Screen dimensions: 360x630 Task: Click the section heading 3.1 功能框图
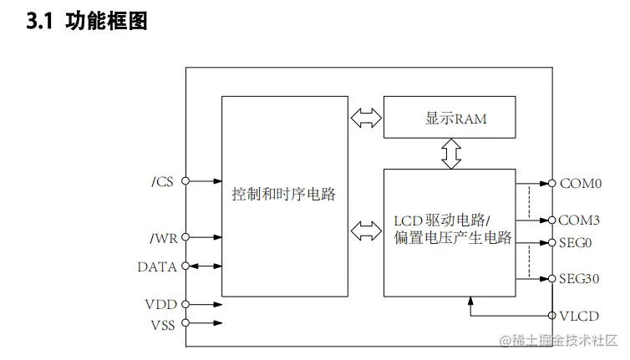(88, 23)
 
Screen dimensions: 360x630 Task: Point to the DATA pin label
(157, 267)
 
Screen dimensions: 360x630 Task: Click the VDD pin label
(160, 305)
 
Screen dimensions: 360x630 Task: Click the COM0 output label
(580, 182)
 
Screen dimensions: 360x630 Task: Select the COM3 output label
(580, 221)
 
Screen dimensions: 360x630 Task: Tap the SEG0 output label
(576, 243)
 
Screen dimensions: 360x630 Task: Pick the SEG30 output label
(579, 278)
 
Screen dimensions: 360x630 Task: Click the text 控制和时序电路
(284, 195)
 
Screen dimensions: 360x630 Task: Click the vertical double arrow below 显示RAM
(451, 154)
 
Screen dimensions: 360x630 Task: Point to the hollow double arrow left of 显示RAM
(365, 119)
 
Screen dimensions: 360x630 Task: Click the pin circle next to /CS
(185, 181)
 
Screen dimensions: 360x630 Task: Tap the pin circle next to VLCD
(551, 316)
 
